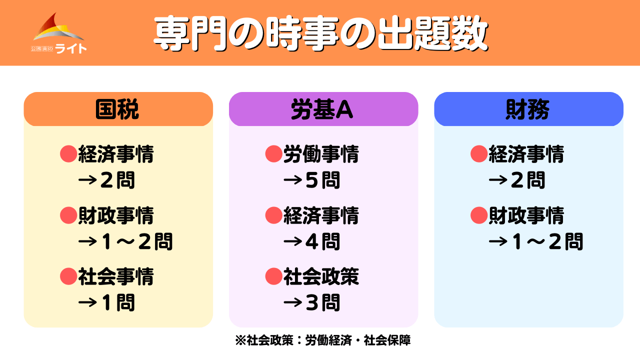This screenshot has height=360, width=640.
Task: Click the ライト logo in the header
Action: click(58, 33)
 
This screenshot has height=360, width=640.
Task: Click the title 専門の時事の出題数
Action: click(320, 33)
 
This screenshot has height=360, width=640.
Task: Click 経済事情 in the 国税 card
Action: click(116, 154)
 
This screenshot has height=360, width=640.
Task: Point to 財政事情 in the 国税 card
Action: click(116, 215)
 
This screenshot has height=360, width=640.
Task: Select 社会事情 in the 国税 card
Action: click(116, 276)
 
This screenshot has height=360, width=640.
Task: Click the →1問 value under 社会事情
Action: click(106, 302)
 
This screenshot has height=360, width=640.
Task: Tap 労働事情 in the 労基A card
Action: click(321, 154)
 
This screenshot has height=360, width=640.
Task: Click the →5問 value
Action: click(311, 180)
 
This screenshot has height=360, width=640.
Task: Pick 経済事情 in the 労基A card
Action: click(321, 215)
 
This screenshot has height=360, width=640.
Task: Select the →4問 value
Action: click(311, 241)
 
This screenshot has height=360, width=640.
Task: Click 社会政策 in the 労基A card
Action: click(321, 276)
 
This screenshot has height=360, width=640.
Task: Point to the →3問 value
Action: click(311, 302)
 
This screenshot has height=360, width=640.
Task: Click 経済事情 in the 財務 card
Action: click(526, 154)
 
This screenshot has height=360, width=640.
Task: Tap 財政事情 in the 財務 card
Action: click(526, 215)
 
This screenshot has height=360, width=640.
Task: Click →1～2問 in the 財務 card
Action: click(536, 241)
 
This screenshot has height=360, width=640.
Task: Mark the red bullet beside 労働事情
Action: click(273, 154)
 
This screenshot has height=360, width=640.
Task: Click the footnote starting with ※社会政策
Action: click(323, 340)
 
